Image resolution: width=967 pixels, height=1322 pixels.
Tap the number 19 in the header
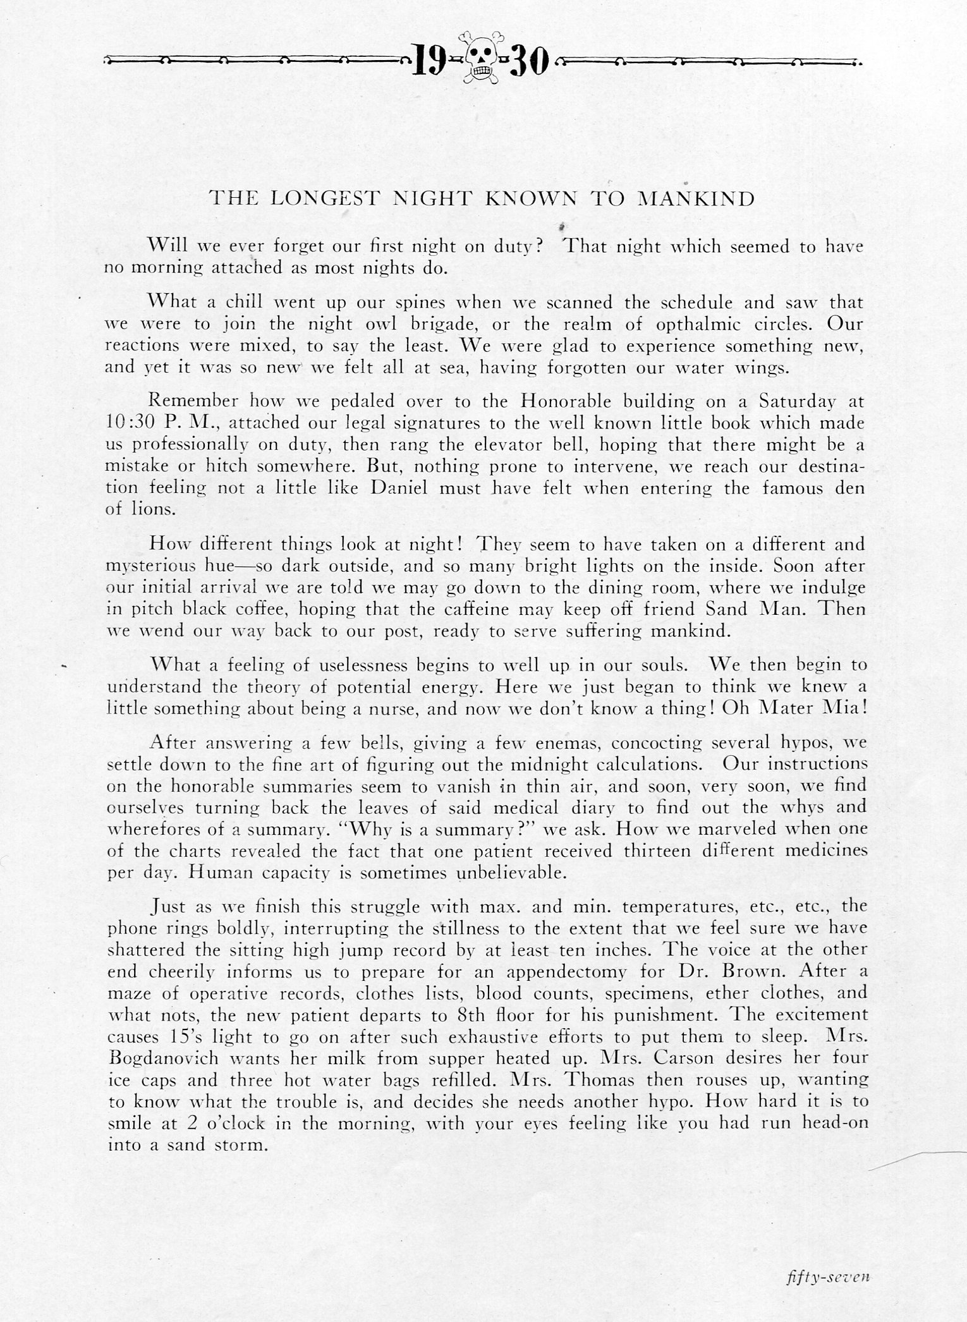point(431,61)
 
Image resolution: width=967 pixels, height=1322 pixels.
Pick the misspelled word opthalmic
point(700,325)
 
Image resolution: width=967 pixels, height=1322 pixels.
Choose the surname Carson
point(662,1057)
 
